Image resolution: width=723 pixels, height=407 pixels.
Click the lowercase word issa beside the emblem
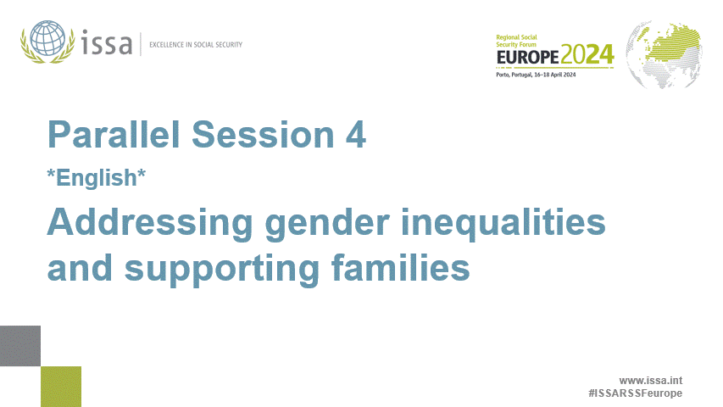tap(107, 42)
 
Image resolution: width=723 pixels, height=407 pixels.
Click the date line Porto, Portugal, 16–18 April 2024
tap(537, 75)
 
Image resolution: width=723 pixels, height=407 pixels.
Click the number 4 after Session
tap(356, 136)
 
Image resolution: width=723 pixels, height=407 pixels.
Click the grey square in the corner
tap(20, 346)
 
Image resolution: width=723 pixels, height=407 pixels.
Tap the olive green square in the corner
tap(61, 387)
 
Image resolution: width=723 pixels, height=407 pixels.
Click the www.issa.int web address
tap(650, 381)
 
